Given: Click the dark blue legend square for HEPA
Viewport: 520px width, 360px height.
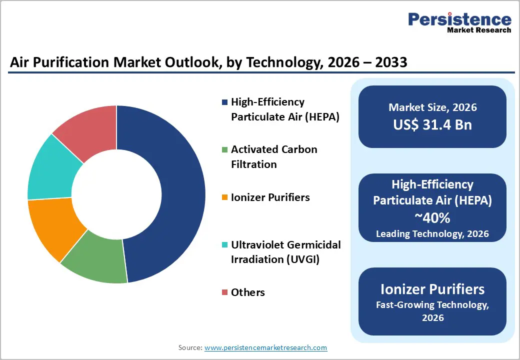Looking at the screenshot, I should click(224, 102).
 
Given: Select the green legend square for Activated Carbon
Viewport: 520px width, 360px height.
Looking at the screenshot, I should click(224, 149).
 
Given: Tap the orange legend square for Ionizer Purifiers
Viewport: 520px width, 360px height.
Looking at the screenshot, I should click(224, 197).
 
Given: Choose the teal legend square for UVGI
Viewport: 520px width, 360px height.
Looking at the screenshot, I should click(224, 245).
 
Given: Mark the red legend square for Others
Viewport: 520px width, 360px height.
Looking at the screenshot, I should click(224, 292).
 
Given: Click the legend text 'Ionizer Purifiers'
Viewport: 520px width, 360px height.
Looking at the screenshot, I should click(270, 197).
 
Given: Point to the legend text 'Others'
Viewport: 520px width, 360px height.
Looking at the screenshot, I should click(247, 292).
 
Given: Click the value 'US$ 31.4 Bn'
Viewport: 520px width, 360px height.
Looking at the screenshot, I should click(432, 124).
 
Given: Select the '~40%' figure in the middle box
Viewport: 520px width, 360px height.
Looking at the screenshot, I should click(432, 218).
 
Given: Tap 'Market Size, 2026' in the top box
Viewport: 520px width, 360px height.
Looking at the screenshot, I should click(432, 107).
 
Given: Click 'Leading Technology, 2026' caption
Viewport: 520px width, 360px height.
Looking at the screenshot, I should click(432, 233).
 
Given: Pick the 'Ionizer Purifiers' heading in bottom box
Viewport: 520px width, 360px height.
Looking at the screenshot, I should click(432, 289).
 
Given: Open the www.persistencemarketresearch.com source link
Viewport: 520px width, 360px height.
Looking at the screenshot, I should click(265, 347).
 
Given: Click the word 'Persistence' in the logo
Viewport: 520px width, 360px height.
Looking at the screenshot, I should click(459, 19).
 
